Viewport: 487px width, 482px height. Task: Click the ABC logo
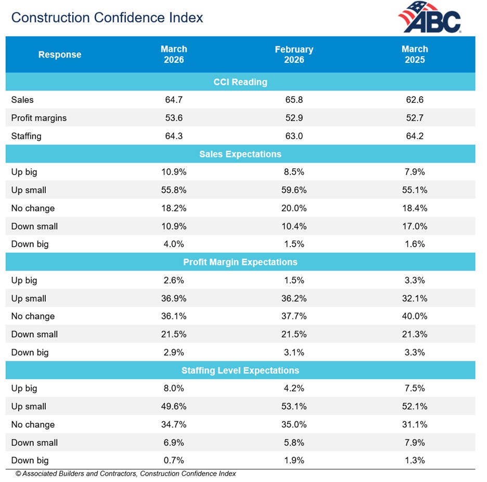tap(430, 18)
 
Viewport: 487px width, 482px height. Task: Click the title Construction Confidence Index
tap(107, 18)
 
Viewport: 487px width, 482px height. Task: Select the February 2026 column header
tap(294, 55)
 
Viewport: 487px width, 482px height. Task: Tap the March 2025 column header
tap(415, 55)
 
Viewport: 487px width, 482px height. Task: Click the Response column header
tap(60, 55)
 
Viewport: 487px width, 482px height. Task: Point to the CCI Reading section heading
tap(240, 82)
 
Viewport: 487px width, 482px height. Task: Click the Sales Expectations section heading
tap(240, 154)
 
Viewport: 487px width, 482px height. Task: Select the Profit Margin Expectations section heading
tap(240, 262)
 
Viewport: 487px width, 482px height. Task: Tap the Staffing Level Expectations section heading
tap(240, 370)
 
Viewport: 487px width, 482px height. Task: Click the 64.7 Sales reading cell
tap(174, 100)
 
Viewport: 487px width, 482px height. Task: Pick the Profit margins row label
tap(39, 118)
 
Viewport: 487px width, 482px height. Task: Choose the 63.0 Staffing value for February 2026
tap(294, 136)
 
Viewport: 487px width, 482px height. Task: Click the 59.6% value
tap(294, 190)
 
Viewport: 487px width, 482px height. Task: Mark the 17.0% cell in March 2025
tap(415, 226)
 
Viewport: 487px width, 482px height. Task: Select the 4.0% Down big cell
tap(174, 244)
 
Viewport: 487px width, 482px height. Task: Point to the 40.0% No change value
tap(415, 316)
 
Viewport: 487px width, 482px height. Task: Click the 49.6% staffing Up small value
tap(174, 407)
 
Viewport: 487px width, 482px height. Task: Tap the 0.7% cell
tap(174, 461)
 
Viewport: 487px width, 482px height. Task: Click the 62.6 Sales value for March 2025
tap(415, 100)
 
